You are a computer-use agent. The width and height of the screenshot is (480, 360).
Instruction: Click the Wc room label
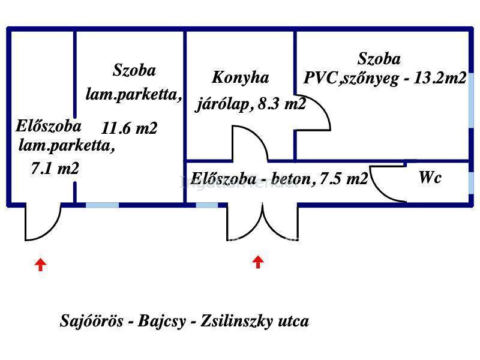[x=430, y=177]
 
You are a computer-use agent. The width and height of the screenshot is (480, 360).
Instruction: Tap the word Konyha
[x=241, y=77]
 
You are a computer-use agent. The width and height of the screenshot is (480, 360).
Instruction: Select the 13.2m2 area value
[x=440, y=78]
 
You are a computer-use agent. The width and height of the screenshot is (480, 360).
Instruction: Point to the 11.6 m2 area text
[x=129, y=128]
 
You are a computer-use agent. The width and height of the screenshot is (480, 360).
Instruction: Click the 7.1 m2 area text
[x=55, y=168]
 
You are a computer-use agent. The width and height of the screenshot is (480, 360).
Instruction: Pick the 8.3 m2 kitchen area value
[x=282, y=104]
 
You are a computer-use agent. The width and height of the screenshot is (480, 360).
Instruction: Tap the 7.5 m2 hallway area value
[x=343, y=178]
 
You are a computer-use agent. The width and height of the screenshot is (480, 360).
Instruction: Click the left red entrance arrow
[x=40, y=265]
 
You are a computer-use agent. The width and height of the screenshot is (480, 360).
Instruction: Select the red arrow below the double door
[x=258, y=262]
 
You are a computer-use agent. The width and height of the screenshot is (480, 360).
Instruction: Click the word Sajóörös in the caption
[x=92, y=321]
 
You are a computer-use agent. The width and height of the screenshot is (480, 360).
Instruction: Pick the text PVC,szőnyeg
[x=351, y=79]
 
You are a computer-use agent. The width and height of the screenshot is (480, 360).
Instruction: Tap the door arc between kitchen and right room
[x=322, y=106]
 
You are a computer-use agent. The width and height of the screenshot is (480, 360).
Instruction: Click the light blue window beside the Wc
[x=471, y=183]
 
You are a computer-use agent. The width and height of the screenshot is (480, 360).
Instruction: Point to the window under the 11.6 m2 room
[x=102, y=205]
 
